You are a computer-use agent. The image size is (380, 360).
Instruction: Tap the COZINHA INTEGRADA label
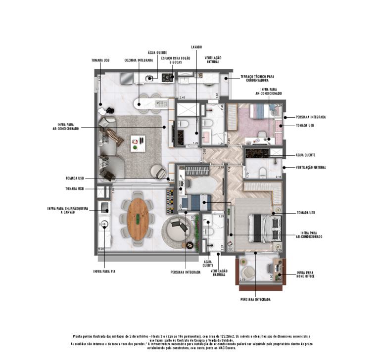pos(138,60)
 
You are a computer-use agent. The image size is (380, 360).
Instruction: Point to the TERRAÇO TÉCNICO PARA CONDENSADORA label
pos(257,78)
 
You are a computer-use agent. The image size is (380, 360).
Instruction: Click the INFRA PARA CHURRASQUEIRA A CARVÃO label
pos(67,210)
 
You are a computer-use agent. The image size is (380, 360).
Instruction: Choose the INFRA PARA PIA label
pos(105,271)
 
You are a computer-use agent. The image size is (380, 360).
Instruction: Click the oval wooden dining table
pos(138,217)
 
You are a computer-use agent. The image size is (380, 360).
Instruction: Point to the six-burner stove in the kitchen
pos(167,77)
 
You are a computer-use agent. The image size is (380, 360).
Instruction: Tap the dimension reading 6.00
pos(101,249)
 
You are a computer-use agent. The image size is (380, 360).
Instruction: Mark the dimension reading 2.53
pos(242,280)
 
